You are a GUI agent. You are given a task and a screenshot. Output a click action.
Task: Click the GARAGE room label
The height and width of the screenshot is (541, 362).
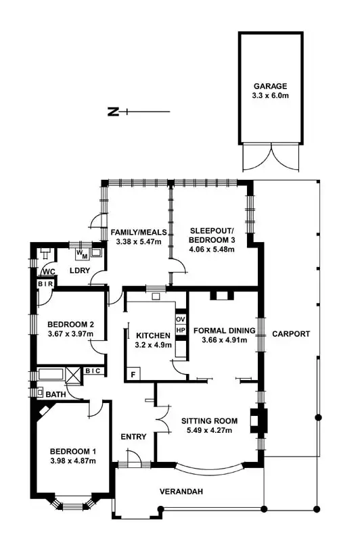click(271, 86)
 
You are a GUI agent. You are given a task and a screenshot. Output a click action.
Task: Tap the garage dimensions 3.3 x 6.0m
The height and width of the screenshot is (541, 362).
click(271, 97)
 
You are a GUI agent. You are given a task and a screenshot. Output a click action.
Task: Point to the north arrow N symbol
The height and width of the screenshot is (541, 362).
click(113, 112)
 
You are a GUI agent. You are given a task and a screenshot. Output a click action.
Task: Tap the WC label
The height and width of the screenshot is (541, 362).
click(49, 272)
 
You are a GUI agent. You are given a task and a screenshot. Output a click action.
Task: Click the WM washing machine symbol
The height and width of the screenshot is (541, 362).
click(81, 254)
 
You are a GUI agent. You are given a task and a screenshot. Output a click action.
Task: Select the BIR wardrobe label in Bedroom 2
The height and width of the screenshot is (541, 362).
click(45, 285)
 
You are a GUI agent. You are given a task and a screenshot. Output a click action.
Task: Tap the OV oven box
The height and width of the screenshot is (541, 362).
click(181, 319)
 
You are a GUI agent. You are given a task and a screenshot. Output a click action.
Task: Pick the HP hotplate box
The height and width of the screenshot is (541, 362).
click(181, 330)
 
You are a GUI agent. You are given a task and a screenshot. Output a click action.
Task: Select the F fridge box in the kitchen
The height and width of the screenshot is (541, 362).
click(133, 373)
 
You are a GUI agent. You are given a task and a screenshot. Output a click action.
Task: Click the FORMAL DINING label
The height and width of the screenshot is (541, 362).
click(224, 331)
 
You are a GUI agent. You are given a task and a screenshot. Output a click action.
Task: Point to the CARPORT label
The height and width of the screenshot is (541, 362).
click(291, 334)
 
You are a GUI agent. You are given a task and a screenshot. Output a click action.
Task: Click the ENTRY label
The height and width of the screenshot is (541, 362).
click(133, 437)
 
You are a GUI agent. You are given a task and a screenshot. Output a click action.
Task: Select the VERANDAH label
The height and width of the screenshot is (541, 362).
click(181, 492)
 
